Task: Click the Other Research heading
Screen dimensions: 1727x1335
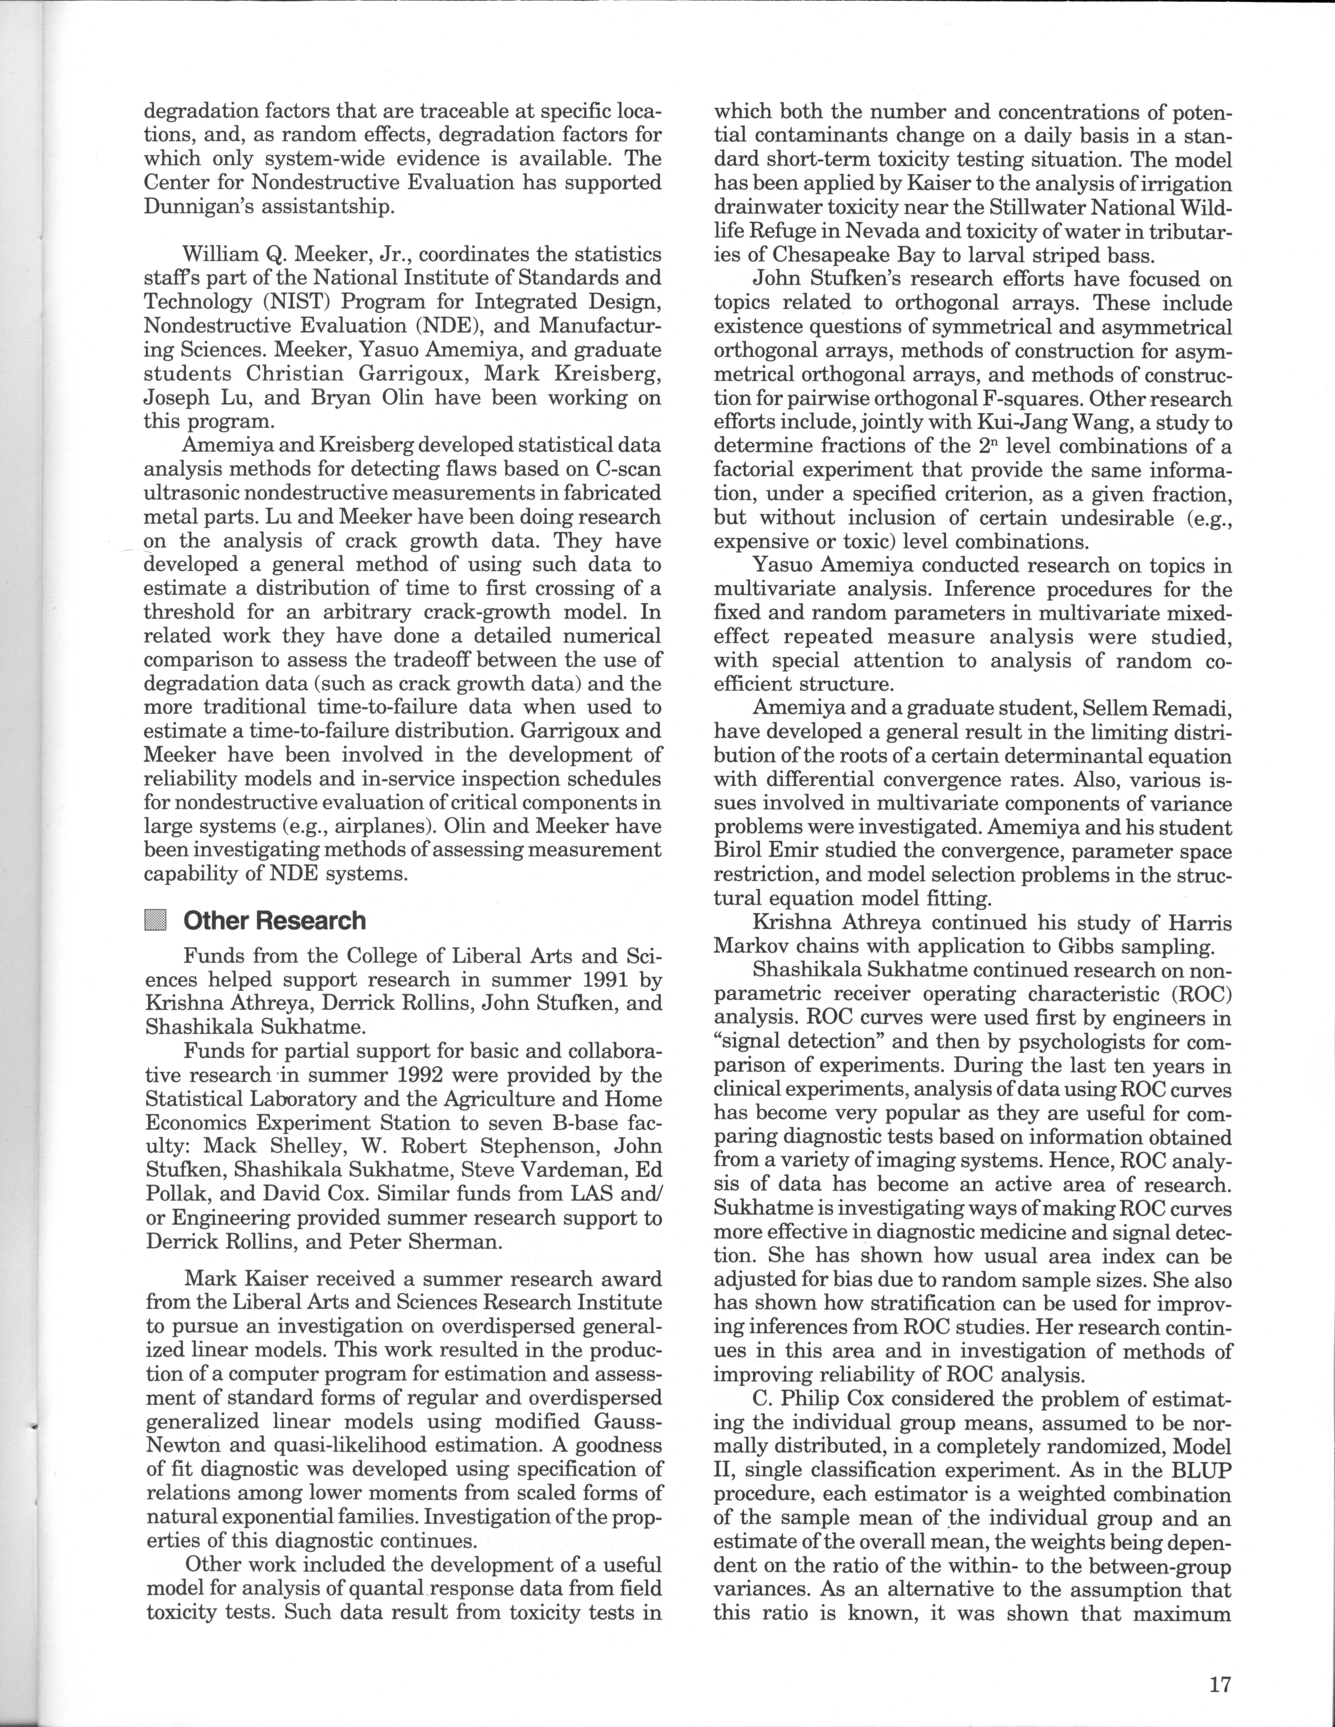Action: pyautogui.click(x=274, y=921)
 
